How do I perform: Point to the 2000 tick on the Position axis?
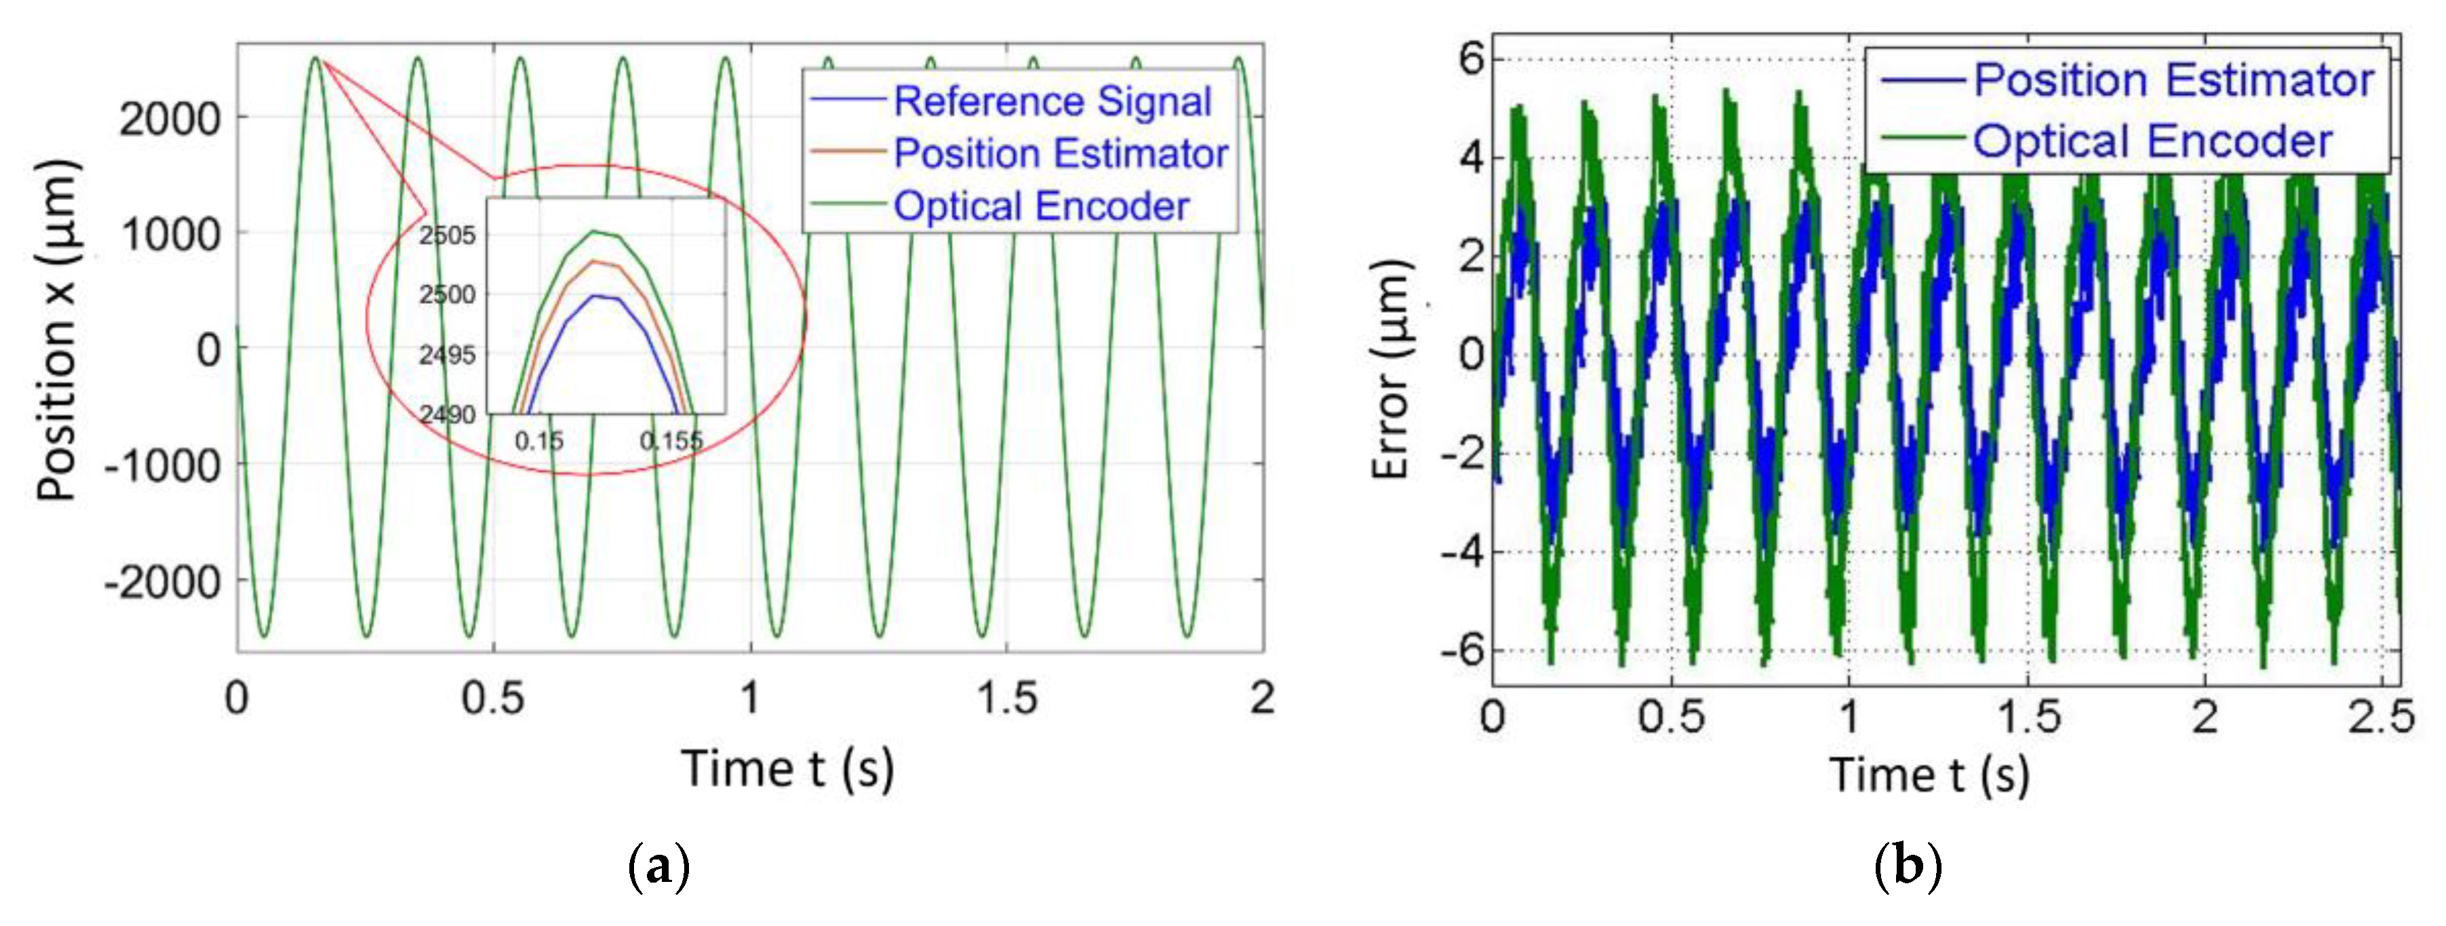(169, 119)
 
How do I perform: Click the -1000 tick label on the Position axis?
(161, 465)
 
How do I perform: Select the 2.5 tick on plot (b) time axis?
(2380, 717)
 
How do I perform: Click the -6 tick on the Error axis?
(1461, 651)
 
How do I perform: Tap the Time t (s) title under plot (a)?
(787, 769)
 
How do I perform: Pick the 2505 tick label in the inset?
(448, 235)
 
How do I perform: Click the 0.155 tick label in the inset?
(671, 441)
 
